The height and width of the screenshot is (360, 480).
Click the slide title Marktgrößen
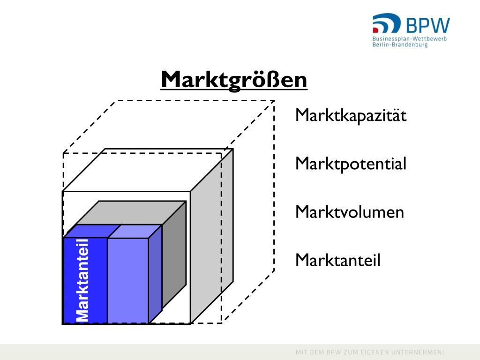pos(234,80)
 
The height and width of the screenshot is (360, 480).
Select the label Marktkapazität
pos(351,115)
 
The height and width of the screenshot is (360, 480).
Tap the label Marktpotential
pos(351,164)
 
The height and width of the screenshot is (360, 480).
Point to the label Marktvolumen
pos(349,212)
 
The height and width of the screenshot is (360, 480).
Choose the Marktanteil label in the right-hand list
pos(337,260)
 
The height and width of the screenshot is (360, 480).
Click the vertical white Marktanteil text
pos(82,280)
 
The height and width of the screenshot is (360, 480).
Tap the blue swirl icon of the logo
pos(386,23)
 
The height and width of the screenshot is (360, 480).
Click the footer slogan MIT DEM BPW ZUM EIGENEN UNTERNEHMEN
pos(369,352)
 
